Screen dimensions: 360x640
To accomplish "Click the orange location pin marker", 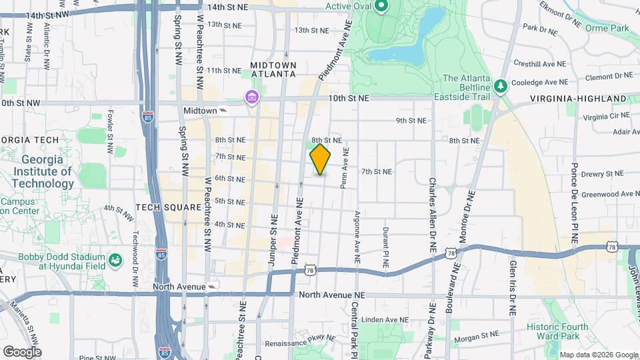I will pos(320,159).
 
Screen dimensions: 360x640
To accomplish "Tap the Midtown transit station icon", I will pos(223,110).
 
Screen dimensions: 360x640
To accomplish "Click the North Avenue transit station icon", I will pos(212,287).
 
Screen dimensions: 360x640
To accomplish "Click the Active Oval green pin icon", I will pos(381,7).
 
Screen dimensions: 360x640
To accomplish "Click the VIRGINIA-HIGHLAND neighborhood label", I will pos(579,99).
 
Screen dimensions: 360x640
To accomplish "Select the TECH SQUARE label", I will pos(168,207).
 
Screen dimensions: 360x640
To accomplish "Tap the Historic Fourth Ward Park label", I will pos(557,331).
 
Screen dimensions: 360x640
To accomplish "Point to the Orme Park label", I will pos(607,28).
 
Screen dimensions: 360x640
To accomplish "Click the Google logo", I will pos(21,351).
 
